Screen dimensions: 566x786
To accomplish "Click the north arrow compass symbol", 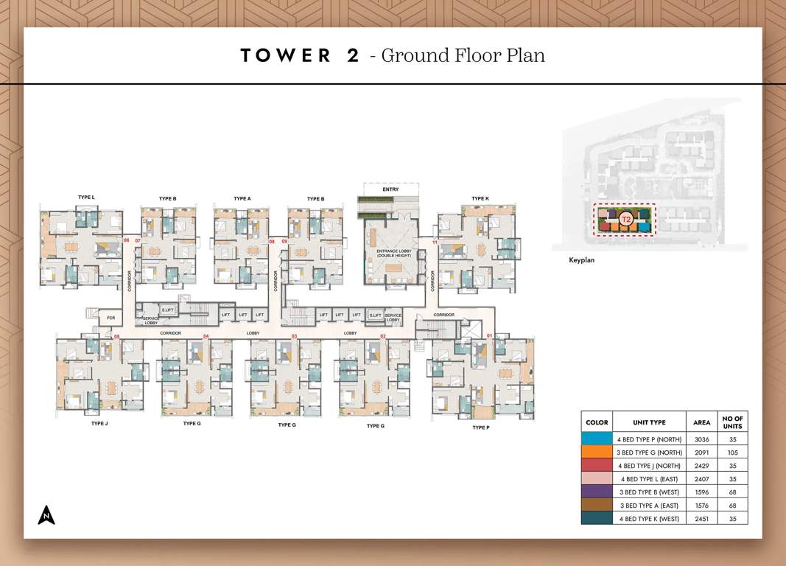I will [46, 515].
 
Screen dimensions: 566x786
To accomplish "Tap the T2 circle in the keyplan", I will [625, 219].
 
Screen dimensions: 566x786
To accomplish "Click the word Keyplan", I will [581, 260].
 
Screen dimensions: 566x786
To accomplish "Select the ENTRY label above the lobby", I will [390, 189].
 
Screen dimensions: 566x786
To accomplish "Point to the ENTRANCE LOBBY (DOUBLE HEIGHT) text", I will [390, 254].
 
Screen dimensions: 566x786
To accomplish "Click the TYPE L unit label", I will [86, 198].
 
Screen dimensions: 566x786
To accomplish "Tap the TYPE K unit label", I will [480, 198].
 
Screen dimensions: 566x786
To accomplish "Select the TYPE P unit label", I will [480, 427].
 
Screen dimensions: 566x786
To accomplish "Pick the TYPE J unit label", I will [99, 424].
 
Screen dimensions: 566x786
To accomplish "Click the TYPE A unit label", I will [242, 198].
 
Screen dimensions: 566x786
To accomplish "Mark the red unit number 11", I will [435, 242].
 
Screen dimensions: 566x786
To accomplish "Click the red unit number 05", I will [116, 337].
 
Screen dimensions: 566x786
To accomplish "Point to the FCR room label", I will [110, 318].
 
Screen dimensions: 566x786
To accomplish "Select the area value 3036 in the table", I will [701, 439].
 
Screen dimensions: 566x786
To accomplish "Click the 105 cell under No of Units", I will [732, 452].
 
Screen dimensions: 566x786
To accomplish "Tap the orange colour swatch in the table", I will [597, 452].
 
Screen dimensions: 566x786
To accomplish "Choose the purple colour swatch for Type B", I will [597, 492].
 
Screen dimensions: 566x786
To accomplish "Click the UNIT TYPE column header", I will [649, 422].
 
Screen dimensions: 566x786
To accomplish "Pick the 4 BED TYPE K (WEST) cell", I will [649, 518].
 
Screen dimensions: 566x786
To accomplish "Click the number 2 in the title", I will [352, 55].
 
